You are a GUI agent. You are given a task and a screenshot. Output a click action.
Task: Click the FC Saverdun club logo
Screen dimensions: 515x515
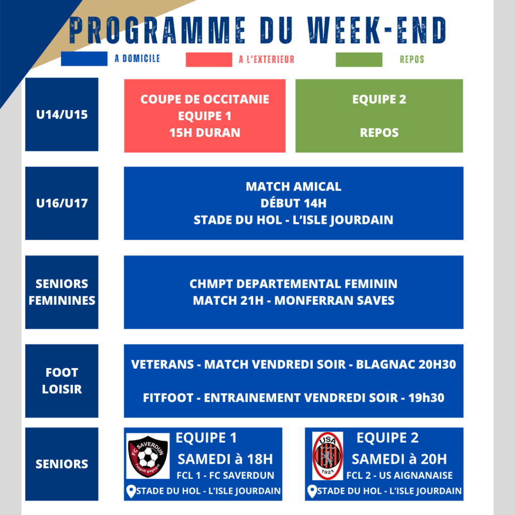(148, 456)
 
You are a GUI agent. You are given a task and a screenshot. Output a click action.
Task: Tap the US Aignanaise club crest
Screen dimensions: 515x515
(327, 456)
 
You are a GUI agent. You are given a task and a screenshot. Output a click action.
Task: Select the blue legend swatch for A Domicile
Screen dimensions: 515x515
(84, 59)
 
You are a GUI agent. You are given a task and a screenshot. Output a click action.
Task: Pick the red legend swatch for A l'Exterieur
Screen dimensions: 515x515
(209, 60)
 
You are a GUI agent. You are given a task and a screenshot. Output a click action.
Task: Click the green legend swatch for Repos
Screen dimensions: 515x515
(359, 60)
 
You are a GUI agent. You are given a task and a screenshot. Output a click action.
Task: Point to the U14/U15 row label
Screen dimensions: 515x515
(62, 115)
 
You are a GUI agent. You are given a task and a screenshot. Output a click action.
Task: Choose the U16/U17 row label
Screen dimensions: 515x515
(62, 203)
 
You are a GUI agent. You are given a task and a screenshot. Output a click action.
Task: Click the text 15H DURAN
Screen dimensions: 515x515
(205, 133)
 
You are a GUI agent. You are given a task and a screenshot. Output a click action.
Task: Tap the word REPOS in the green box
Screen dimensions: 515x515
(379, 133)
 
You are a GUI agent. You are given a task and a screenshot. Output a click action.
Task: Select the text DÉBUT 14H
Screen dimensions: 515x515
(294, 203)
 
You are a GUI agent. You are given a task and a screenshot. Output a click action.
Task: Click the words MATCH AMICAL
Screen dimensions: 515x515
(294, 187)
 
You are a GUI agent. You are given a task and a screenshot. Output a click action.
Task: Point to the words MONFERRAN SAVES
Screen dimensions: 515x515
(334, 301)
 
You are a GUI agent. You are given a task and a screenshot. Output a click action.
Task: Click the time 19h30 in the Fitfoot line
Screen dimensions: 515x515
(426, 398)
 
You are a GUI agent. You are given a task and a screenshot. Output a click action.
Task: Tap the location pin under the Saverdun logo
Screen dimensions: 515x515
(131, 491)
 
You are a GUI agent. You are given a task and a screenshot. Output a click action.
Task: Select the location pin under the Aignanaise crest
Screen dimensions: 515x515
(312, 491)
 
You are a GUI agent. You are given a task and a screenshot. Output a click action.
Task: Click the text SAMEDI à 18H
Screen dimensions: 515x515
(225, 459)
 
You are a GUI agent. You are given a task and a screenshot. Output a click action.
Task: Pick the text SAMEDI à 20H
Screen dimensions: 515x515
(399, 459)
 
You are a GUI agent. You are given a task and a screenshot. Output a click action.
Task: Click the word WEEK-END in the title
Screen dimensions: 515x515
(377, 30)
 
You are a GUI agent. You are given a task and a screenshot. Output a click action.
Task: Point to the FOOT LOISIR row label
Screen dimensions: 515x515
(62, 381)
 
